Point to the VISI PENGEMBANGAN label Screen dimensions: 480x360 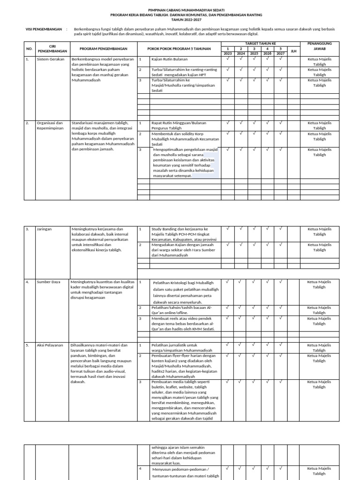(x=44, y=29)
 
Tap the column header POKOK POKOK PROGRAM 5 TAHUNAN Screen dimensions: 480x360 (x=179, y=49)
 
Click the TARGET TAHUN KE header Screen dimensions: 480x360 (x=254, y=43)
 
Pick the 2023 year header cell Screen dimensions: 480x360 (x=227, y=53)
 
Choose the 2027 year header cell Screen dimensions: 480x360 (x=280, y=53)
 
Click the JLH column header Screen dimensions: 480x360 (x=294, y=51)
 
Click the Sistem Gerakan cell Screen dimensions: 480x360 (x=50, y=60)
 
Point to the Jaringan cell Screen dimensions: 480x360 (x=45, y=229)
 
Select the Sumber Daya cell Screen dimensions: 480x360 (x=49, y=282)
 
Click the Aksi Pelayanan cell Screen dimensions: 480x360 (x=50, y=345)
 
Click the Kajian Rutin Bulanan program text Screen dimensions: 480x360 (x=169, y=60)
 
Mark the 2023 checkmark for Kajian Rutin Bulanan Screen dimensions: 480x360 (x=227, y=59)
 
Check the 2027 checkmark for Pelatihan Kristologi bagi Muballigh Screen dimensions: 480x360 (x=280, y=282)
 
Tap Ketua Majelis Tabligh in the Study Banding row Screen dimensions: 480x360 (x=319, y=232)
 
